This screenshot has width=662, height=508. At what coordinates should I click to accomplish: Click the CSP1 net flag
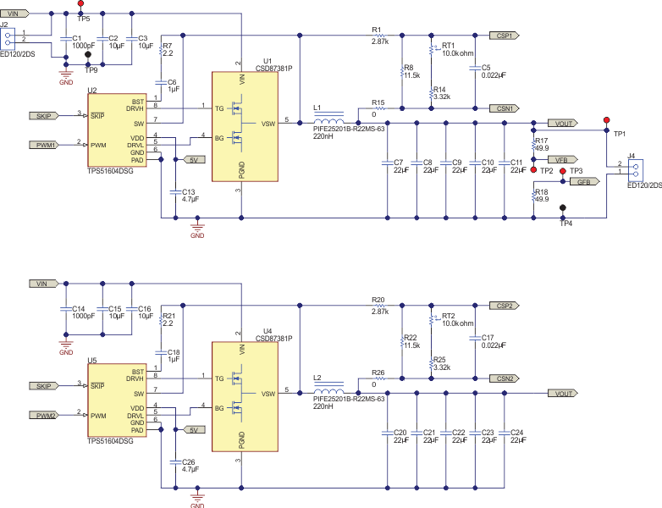(x=506, y=36)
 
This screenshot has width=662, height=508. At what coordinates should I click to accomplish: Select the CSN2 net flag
(x=506, y=378)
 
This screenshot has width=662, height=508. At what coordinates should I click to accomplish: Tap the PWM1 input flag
(x=46, y=145)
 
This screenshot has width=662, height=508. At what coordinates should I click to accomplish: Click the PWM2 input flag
(x=46, y=415)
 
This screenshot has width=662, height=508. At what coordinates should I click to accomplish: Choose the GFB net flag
(x=589, y=181)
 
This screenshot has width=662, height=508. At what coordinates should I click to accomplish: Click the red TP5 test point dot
(x=80, y=4)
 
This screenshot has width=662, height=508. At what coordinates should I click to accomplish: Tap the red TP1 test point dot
(x=605, y=121)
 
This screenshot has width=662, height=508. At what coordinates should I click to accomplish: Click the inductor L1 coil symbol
(x=328, y=123)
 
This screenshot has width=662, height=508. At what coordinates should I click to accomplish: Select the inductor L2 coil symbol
(x=328, y=394)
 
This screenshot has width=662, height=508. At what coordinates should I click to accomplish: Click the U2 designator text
(x=92, y=90)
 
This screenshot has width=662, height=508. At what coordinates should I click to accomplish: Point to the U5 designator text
(x=92, y=361)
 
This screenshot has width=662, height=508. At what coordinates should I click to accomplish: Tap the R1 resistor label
(x=377, y=30)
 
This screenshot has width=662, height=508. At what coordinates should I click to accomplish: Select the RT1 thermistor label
(x=449, y=46)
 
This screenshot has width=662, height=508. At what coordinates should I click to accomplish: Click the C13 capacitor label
(x=189, y=191)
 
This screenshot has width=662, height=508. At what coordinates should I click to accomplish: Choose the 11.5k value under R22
(x=412, y=346)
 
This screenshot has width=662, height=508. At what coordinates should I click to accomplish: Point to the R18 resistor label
(x=542, y=192)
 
